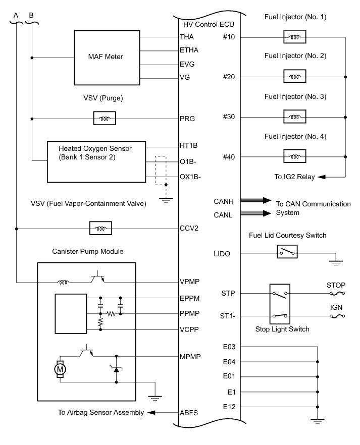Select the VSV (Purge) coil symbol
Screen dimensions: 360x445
click(x=105, y=119)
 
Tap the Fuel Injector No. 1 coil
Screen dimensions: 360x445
click(x=295, y=37)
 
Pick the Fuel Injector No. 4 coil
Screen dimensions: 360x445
click(x=295, y=156)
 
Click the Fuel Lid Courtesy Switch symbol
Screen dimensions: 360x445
click(x=287, y=251)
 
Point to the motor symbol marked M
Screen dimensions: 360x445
click(x=60, y=369)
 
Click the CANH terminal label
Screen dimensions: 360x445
click(x=224, y=201)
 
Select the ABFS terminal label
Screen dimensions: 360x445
click(x=189, y=413)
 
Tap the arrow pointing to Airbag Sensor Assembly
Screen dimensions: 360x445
click(x=163, y=412)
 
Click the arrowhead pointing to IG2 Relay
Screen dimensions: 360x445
click(x=321, y=177)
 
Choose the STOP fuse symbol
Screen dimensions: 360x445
click(x=337, y=293)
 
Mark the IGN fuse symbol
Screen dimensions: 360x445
click(x=337, y=316)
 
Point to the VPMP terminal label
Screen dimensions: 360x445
click(x=190, y=282)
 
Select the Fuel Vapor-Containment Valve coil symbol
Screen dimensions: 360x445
click(x=100, y=228)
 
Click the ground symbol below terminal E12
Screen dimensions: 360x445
click(x=318, y=421)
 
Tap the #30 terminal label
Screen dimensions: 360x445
click(x=229, y=117)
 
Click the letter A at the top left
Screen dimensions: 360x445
click(x=16, y=15)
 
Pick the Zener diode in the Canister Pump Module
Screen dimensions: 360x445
click(x=116, y=369)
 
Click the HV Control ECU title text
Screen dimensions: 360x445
click(x=209, y=24)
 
